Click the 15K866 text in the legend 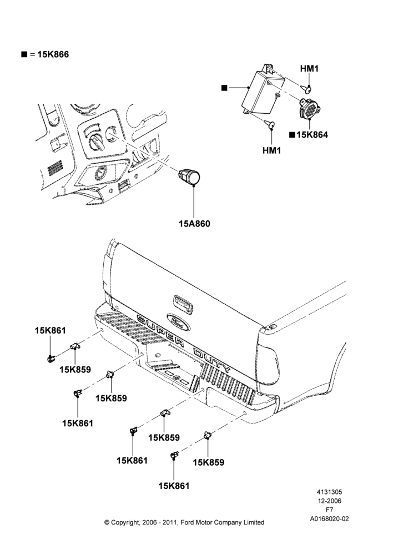pyautogui.click(x=53, y=54)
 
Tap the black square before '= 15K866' pyautogui.click(x=24, y=54)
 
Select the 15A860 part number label pyautogui.click(x=194, y=224)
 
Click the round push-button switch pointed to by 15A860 pyautogui.click(x=189, y=175)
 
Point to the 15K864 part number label pyautogui.click(x=312, y=135)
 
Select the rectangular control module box pyautogui.click(x=264, y=92)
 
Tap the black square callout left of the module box pyautogui.click(x=224, y=88)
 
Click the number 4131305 pyautogui.click(x=329, y=492)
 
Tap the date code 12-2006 pyautogui.click(x=329, y=501)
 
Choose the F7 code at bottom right pyautogui.click(x=329, y=510)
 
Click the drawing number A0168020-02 pyautogui.click(x=329, y=519)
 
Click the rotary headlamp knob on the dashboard pyautogui.click(x=96, y=142)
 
